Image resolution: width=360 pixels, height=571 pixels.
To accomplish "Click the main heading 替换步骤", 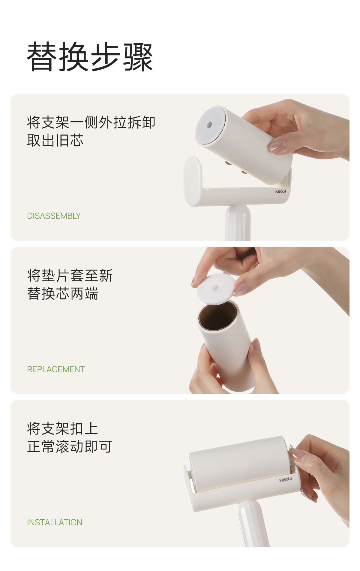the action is pyautogui.click(x=90, y=57).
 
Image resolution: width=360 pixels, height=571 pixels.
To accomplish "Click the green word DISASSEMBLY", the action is pyautogui.click(x=54, y=216).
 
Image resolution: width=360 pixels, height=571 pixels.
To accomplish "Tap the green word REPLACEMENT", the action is pyautogui.click(x=56, y=369).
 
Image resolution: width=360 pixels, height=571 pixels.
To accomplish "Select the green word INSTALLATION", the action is pyautogui.click(x=55, y=522).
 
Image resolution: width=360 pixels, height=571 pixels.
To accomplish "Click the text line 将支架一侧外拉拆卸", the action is pyautogui.click(x=91, y=122).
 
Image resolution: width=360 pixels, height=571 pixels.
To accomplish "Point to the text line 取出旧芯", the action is pyautogui.click(x=55, y=140).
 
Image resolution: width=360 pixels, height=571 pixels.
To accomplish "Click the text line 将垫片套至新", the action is pyautogui.click(x=70, y=275).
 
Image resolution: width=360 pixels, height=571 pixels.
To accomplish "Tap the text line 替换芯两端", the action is pyautogui.click(x=63, y=293).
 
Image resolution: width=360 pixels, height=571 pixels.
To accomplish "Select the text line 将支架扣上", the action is pyautogui.click(x=62, y=428).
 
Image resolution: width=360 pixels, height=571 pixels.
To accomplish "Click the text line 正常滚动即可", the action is pyautogui.click(x=70, y=446).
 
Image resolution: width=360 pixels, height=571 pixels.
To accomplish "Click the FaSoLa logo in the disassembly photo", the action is pyautogui.click(x=280, y=191).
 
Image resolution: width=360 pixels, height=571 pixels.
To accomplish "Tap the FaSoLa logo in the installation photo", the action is pyautogui.click(x=286, y=479).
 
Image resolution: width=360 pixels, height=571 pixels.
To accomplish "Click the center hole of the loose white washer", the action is pyautogui.click(x=215, y=288).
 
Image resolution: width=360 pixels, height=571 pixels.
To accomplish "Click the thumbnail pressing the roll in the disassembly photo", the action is pyautogui.click(x=277, y=145).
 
